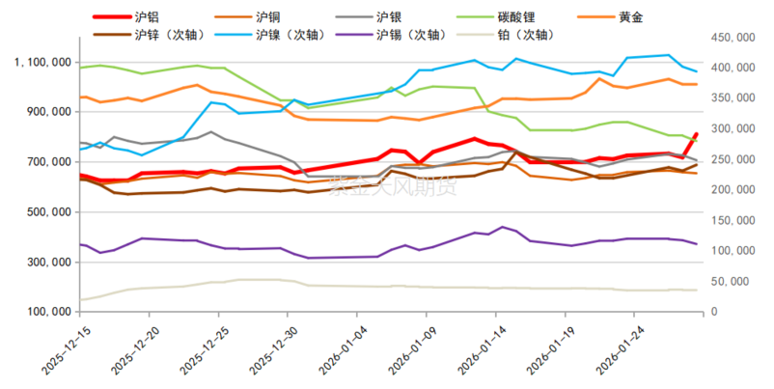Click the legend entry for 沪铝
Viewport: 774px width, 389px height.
pyautogui.click(x=151, y=16)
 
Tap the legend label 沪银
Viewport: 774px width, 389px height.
pyautogui.click(x=389, y=16)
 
